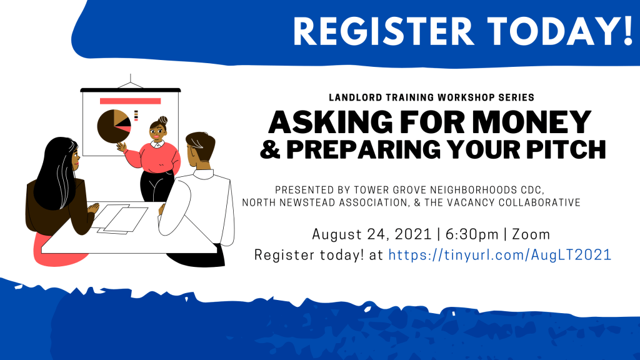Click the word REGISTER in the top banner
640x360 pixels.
[x=384, y=31]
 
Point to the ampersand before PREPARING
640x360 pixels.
[x=270, y=149]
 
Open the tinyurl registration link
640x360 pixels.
[x=499, y=255]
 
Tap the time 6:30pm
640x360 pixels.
[x=472, y=235]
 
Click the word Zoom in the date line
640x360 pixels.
[x=531, y=235]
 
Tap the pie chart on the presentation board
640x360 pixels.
[x=114, y=126]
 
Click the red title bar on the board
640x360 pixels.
[x=130, y=101]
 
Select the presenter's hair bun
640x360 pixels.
[x=163, y=120]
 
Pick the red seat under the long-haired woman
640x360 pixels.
[x=57, y=250]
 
